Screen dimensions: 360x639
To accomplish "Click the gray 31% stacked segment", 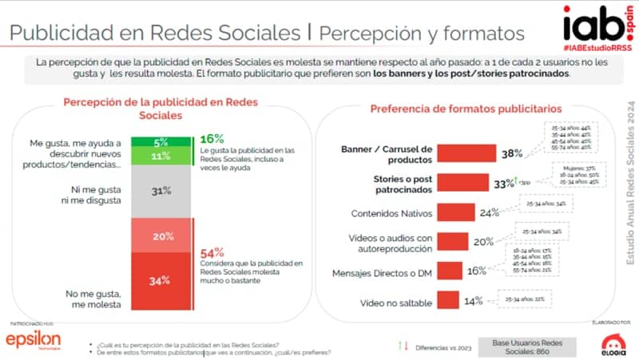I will click(162, 191).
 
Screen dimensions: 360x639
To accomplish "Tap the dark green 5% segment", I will click(162, 142).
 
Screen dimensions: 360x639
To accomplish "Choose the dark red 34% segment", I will click(162, 281).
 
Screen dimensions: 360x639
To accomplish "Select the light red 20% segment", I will click(162, 236).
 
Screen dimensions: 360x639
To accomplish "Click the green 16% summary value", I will click(212, 139).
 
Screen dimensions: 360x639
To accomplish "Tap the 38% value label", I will click(512, 153).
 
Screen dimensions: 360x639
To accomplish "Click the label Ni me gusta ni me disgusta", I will click(90, 196).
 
